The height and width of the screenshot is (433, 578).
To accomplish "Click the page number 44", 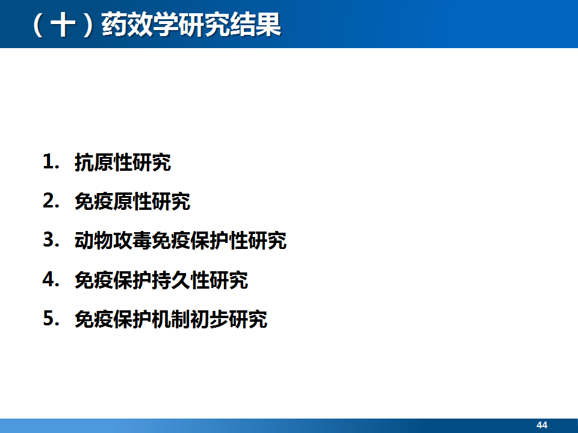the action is (542, 425).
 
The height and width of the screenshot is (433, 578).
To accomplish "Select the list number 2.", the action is (51, 201).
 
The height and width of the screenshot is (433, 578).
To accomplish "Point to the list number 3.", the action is (51, 240).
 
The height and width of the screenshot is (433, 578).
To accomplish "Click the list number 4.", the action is (51, 280).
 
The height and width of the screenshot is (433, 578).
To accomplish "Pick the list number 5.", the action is (51, 319).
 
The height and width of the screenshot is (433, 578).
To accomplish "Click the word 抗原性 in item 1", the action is (103, 162).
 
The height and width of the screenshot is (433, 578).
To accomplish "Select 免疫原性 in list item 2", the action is (113, 201).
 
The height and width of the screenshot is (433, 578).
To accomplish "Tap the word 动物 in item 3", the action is (94, 241).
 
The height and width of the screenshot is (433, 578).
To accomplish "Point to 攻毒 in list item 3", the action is (132, 241).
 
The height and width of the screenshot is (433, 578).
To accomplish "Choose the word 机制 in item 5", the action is (170, 319).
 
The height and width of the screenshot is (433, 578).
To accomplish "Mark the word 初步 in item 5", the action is (209, 319).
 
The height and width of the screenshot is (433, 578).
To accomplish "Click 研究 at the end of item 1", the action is (152, 162).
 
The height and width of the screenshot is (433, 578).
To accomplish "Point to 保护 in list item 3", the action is (209, 241).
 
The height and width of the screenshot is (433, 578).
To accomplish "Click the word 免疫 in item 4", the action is (94, 280).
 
